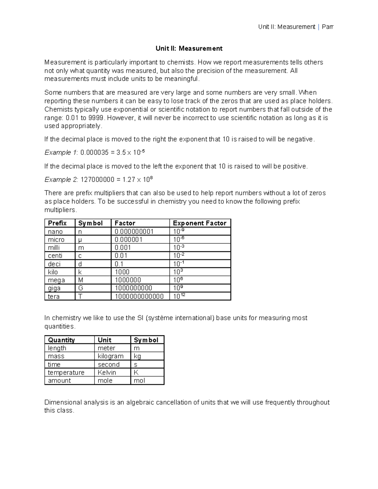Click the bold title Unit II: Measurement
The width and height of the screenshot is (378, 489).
click(189, 48)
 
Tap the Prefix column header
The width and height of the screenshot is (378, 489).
click(57, 223)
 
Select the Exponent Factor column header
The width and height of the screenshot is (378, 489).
click(199, 223)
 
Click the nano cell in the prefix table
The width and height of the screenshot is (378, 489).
click(55, 232)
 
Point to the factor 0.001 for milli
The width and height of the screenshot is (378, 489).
click(123, 248)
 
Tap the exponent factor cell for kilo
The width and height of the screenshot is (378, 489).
click(178, 272)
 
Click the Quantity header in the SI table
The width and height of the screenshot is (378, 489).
click(61, 340)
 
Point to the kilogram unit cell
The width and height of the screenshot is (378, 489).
click(111, 356)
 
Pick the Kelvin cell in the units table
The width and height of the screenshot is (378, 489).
click(107, 372)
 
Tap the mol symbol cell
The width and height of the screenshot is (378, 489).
click(139, 381)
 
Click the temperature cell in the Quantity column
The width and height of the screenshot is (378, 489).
click(66, 372)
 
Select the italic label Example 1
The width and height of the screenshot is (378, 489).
click(60, 153)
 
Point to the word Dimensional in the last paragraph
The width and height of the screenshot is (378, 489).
click(63, 402)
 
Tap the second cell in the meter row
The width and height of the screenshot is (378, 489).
click(106, 348)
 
